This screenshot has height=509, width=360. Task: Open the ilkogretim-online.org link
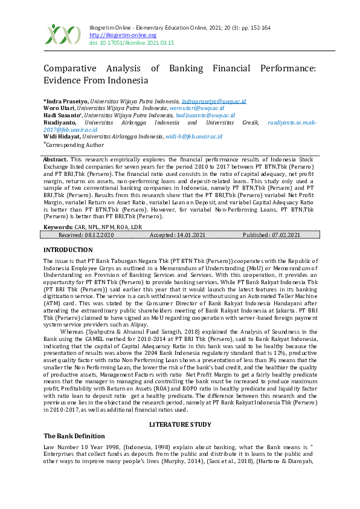tap(114, 36)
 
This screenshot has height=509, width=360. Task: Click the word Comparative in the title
tap(74, 69)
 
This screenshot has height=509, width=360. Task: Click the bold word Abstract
tap(55, 158)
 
